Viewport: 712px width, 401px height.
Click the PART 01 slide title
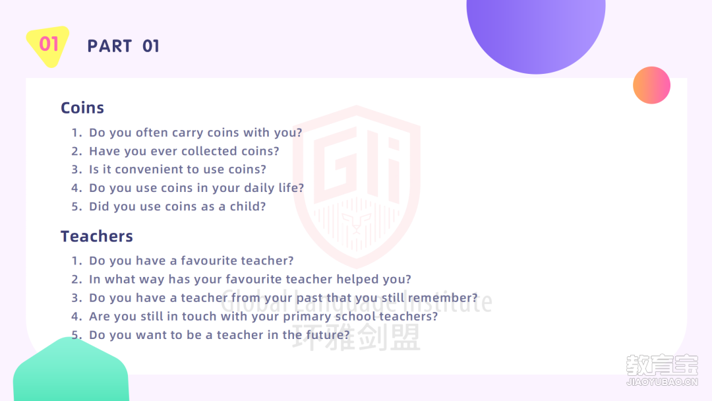click(123, 46)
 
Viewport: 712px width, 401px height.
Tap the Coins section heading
click(82, 108)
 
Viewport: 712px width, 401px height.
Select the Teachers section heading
click(97, 236)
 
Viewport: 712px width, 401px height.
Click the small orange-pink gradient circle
click(651, 85)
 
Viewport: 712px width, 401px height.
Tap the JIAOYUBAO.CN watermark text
click(662, 382)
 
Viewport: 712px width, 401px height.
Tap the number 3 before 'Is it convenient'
click(75, 170)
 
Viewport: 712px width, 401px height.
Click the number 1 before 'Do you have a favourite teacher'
click(75, 261)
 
